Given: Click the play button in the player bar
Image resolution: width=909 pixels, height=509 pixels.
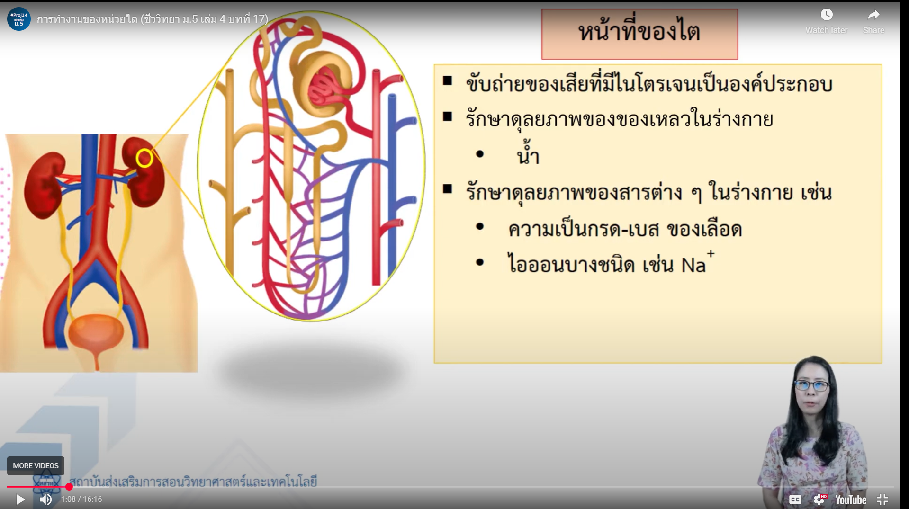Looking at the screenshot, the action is [x=20, y=500].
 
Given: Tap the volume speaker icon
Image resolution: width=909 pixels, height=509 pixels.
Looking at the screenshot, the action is [x=45, y=500].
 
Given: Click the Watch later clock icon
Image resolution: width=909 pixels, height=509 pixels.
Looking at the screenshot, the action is [x=827, y=15].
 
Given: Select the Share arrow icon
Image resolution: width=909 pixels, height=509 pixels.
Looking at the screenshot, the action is [x=873, y=15].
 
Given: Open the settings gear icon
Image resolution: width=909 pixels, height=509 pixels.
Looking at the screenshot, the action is [x=819, y=500].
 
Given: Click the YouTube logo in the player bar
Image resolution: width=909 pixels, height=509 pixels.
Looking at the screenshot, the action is [x=851, y=500].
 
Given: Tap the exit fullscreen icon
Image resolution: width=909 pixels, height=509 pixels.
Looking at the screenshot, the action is [x=882, y=500].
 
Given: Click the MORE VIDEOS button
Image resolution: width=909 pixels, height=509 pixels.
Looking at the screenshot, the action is [x=36, y=466].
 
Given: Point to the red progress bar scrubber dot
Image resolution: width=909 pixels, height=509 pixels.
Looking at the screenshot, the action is [x=69, y=486].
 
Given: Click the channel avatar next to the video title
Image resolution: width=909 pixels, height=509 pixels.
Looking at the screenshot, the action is [x=19, y=19].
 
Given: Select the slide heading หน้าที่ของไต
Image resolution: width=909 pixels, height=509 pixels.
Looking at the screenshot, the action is [x=639, y=32].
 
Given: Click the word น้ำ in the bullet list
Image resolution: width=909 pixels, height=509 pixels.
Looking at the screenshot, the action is [x=528, y=153].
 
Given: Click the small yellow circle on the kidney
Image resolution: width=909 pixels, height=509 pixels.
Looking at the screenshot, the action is [x=144, y=158].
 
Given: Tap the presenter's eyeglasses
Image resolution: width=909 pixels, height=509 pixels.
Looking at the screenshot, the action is [x=811, y=385].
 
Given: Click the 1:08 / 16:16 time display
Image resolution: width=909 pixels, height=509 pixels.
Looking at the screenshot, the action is [x=81, y=500].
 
